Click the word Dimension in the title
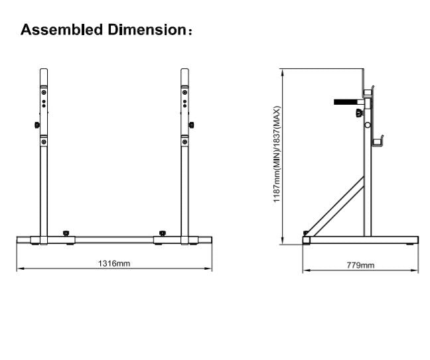145,30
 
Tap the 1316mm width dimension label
114,263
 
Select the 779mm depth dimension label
361,265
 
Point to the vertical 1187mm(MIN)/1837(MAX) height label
277,155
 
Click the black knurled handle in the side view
346,102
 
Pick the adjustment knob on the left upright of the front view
36,125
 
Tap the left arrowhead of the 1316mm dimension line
19,269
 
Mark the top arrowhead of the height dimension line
283,71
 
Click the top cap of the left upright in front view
43,70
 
